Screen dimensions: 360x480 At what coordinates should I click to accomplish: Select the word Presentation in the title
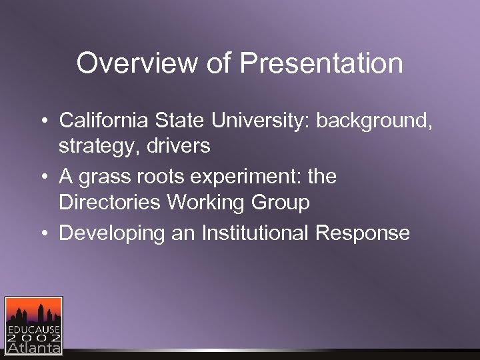coord(321,64)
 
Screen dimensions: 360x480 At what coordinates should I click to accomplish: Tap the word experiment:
coord(248,177)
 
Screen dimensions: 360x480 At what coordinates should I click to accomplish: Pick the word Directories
coord(110,201)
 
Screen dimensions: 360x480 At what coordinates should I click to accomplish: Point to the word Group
coord(281,201)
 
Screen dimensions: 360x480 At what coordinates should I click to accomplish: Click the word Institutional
coord(245,233)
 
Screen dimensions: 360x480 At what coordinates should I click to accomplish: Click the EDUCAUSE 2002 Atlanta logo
coord(33,325)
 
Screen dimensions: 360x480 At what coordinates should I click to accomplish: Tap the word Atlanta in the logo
coord(33,347)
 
